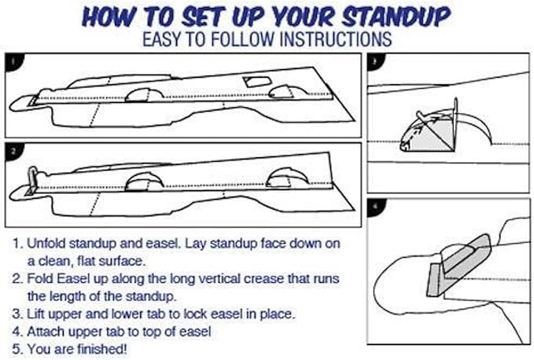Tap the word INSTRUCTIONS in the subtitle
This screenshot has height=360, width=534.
click(x=336, y=39)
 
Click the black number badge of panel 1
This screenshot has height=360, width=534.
click(x=14, y=61)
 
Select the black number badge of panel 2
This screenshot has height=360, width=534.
click(x=14, y=151)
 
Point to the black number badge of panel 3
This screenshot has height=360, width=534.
click(x=376, y=61)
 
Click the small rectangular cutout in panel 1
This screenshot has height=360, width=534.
click(x=257, y=82)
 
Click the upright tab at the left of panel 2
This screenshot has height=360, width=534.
click(x=31, y=178)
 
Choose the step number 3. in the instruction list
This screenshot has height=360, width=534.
click(x=18, y=314)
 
